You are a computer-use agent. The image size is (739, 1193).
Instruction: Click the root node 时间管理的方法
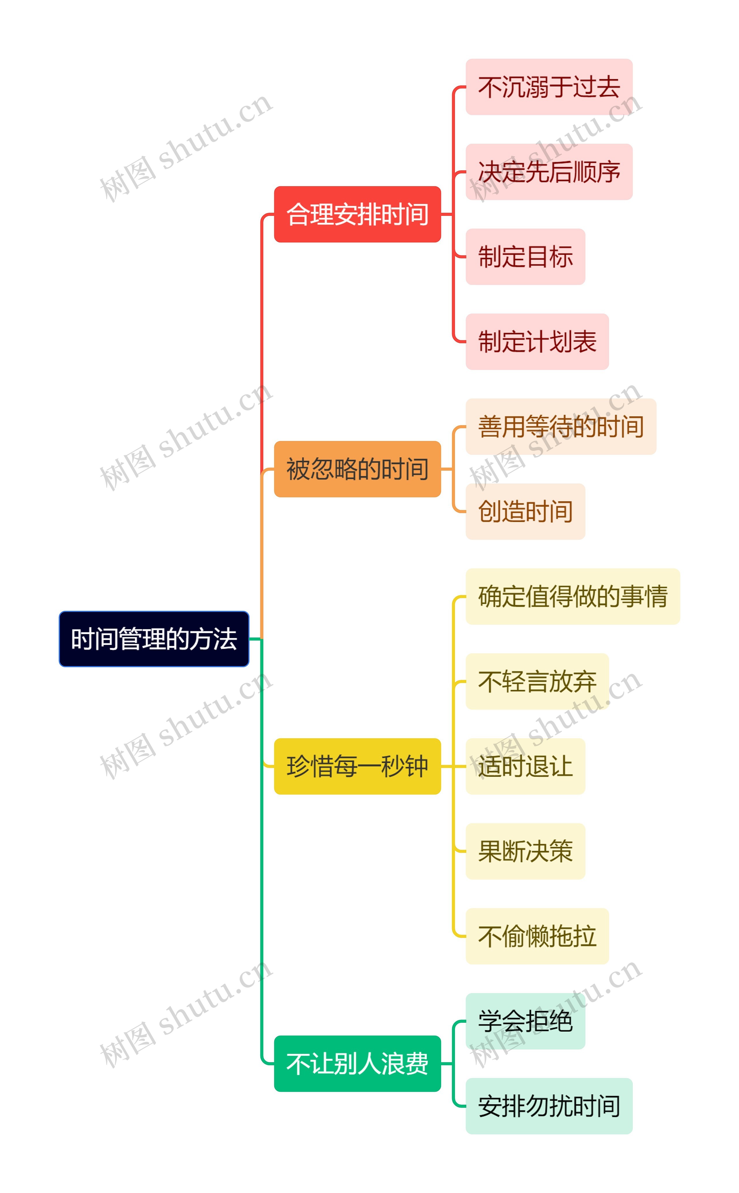(x=154, y=639)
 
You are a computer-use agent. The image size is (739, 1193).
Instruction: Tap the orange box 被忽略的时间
(x=357, y=469)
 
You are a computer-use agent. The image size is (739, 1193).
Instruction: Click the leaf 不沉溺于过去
(x=549, y=87)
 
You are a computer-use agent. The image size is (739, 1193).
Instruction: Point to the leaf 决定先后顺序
(x=549, y=172)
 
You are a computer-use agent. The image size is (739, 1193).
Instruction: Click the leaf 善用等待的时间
(x=561, y=427)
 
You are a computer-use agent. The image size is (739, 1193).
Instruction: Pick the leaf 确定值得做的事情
(x=572, y=596)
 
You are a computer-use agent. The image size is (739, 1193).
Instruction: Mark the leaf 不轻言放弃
(x=537, y=682)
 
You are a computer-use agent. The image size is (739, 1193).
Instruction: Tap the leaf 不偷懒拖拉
(x=537, y=936)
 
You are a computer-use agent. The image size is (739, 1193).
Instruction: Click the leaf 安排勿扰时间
(x=549, y=1106)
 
